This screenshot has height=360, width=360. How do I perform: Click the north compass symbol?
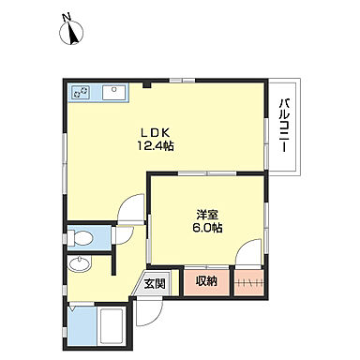pyautogui.click(x=71, y=33)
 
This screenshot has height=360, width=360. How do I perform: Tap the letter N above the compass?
pyautogui.click(x=67, y=18)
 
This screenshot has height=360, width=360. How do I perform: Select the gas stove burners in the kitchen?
pyautogui.click(x=81, y=92)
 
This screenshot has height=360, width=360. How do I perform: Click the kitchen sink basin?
pyautogui.click(x=114, y=93)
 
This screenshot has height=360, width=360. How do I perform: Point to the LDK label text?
pyautogui.click(x=156, y=133)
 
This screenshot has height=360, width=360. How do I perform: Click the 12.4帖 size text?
pyautogui.click(x=156, y=146)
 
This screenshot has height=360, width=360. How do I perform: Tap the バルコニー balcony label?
pyautogui.click(x=283, y=126)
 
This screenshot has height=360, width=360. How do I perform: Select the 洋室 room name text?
pyautogui.click(x=207, y=215)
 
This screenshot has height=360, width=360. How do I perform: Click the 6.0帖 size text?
pyautogui.click(x=207, y=228)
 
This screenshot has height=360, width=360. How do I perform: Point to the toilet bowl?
pyautogui.click(x=81, y=238)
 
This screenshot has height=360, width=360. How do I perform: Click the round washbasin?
pyautogui.click(x=80, y=263)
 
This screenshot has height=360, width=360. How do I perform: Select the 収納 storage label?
pyautogui.click(x=206, y=281)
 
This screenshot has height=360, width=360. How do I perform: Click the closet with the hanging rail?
pyautogui.click(x=249, y=283)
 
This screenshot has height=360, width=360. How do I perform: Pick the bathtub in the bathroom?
pyautogui.click(x=111, y=326)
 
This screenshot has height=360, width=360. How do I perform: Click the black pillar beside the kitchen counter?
pyautogui.click(x=147, y=84)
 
